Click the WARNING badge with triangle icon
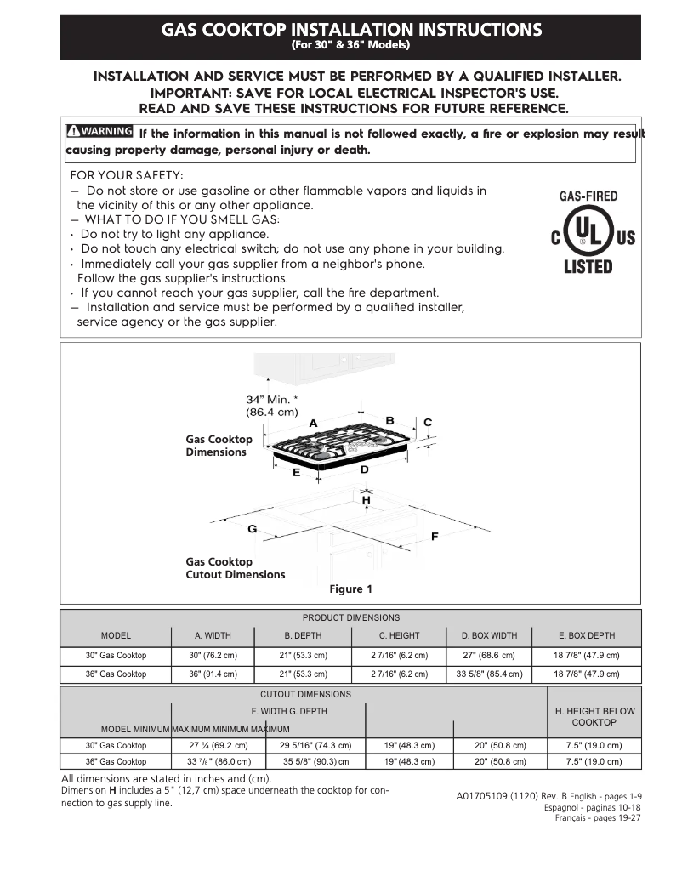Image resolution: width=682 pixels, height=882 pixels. click(99, 131)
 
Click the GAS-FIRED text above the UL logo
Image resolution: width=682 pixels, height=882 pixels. click(588, 196)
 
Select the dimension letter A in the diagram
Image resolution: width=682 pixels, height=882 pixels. click(313, 424)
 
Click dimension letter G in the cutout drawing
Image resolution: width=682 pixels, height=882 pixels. click(252, 529)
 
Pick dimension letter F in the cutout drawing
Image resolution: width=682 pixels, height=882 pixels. click(435, 538)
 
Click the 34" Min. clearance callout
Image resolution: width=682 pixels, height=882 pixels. click(272, 406)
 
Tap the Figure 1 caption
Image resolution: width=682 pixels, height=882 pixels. click(350, 589)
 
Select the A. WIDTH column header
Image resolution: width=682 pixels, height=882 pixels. click(213, 635)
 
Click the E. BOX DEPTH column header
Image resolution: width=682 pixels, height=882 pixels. click(587, 635)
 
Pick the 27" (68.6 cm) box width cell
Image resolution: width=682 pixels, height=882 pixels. click(489, 656)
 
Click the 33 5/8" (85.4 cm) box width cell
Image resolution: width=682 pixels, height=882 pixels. click(489, 674)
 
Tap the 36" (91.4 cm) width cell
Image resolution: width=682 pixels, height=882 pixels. click(213, 674)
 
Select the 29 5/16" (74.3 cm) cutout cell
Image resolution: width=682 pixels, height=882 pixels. click(315, 745)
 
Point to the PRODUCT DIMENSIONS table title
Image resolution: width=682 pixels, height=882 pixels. click(350, 617)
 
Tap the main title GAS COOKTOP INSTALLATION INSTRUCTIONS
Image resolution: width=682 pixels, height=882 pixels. click(351, 30)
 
